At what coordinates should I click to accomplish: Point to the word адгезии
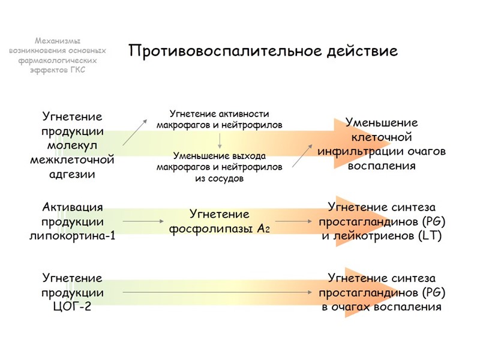point(72,175)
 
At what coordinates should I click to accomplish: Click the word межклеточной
point(72,160)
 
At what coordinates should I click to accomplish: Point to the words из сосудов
point(219,179)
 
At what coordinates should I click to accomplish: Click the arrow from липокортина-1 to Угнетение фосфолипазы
point(143,221)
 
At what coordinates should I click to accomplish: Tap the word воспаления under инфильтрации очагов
point(382,166)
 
